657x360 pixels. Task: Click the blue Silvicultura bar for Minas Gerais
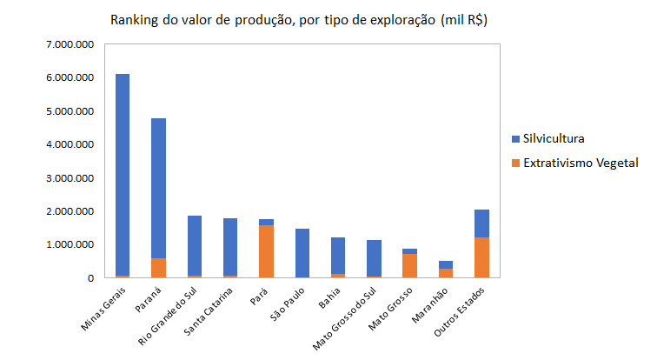tap(123, 174)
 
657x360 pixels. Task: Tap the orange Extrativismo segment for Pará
tap(266, 251)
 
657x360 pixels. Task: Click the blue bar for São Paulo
tap(302, 253)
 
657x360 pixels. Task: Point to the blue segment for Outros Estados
tap(481, 223)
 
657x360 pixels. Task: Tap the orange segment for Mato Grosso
tap(409, 265)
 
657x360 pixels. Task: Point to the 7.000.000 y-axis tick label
tap(71, 44)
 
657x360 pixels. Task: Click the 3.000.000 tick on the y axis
tap(71, 178)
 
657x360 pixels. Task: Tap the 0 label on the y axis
tap(91, 278)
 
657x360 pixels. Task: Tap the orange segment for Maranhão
tap(445, 273)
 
